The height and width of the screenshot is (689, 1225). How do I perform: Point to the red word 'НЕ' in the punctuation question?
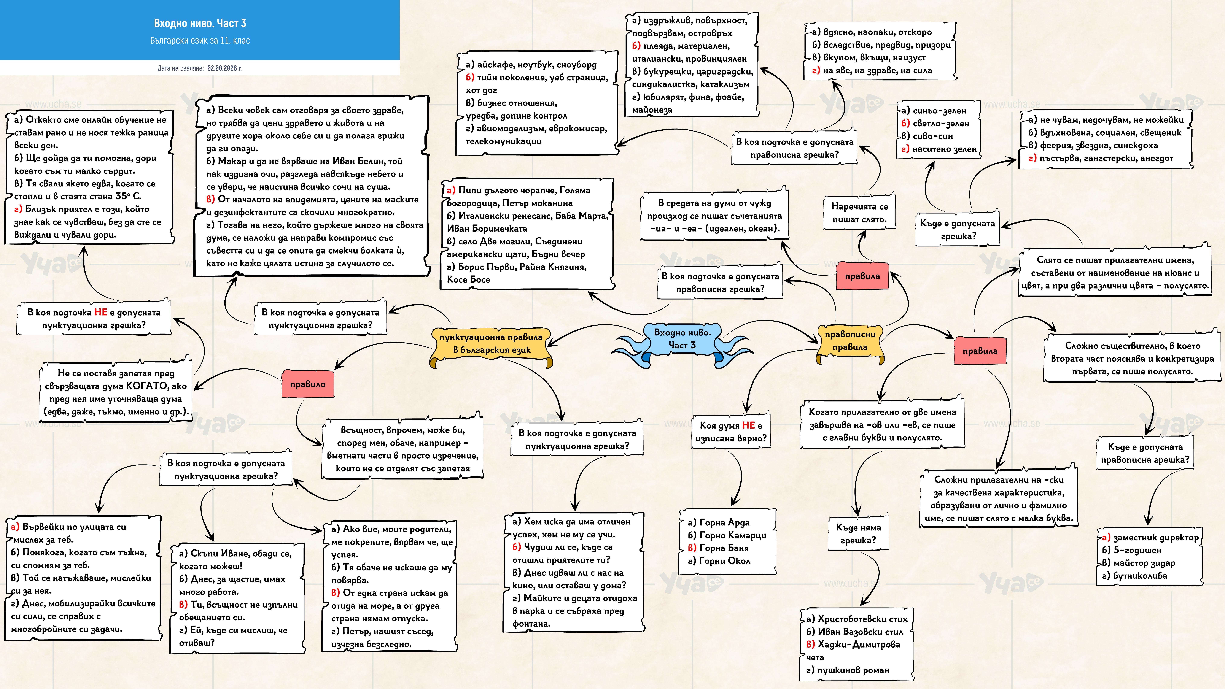tap(101, 312)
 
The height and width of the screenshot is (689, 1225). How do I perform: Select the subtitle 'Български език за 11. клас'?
tap(200, 40)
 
